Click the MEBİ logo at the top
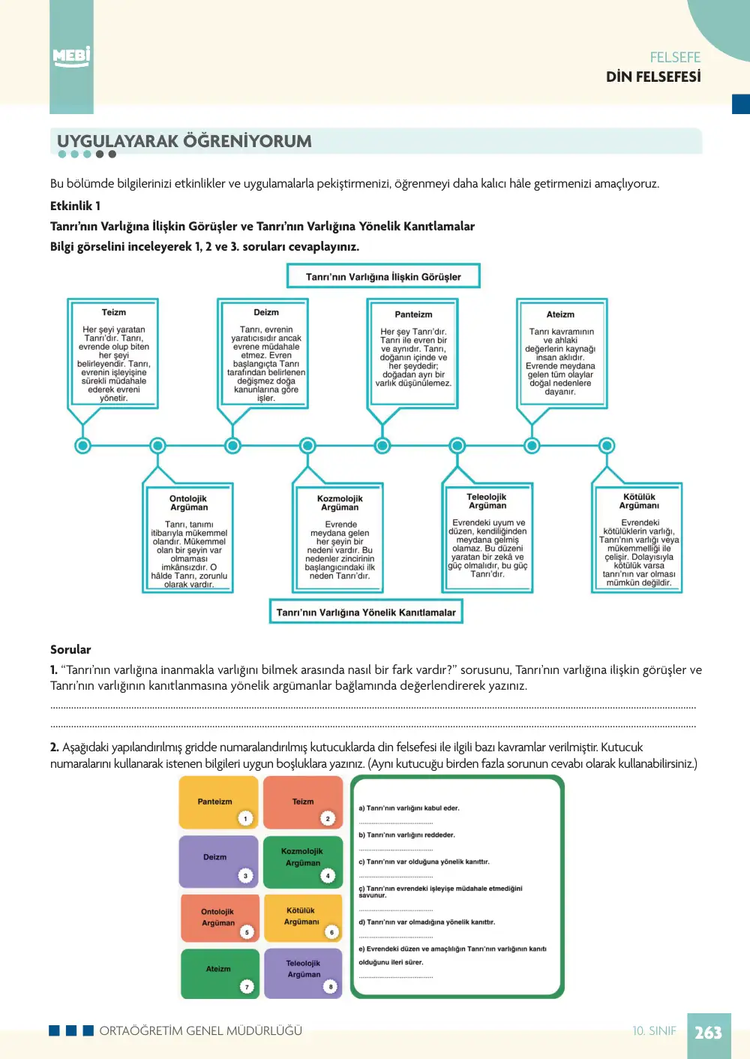click(x=71, y=57)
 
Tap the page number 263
click(x=708, y=1032)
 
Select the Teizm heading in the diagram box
click(x=114, y=312)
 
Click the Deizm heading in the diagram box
click(x=266, y=312)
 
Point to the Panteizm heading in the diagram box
click(x=413, y=314)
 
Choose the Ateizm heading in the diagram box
click(x=560, y=314)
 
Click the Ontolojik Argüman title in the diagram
click(x=188, y=503)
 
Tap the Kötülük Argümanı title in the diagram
click(x=639, y=501)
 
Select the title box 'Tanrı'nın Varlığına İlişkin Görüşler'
click(x=383, y=276)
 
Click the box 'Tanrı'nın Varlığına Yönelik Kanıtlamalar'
click(x=366, y=612)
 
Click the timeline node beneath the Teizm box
click(x=82, y=445)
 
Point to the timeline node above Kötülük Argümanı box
click(x=607, y=445)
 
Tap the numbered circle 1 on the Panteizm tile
click(x=245, y=818)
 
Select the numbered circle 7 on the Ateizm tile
click(x=247, y=987)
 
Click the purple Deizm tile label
click(x=215, y=856)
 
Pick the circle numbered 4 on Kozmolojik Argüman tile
click(x=328, y=876)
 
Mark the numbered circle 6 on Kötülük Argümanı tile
click(x=331, y=932)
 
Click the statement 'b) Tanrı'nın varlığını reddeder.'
click(x=406, y=835)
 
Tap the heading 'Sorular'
click(x=70, y=649)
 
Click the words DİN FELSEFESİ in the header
click(x=653, y=77)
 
